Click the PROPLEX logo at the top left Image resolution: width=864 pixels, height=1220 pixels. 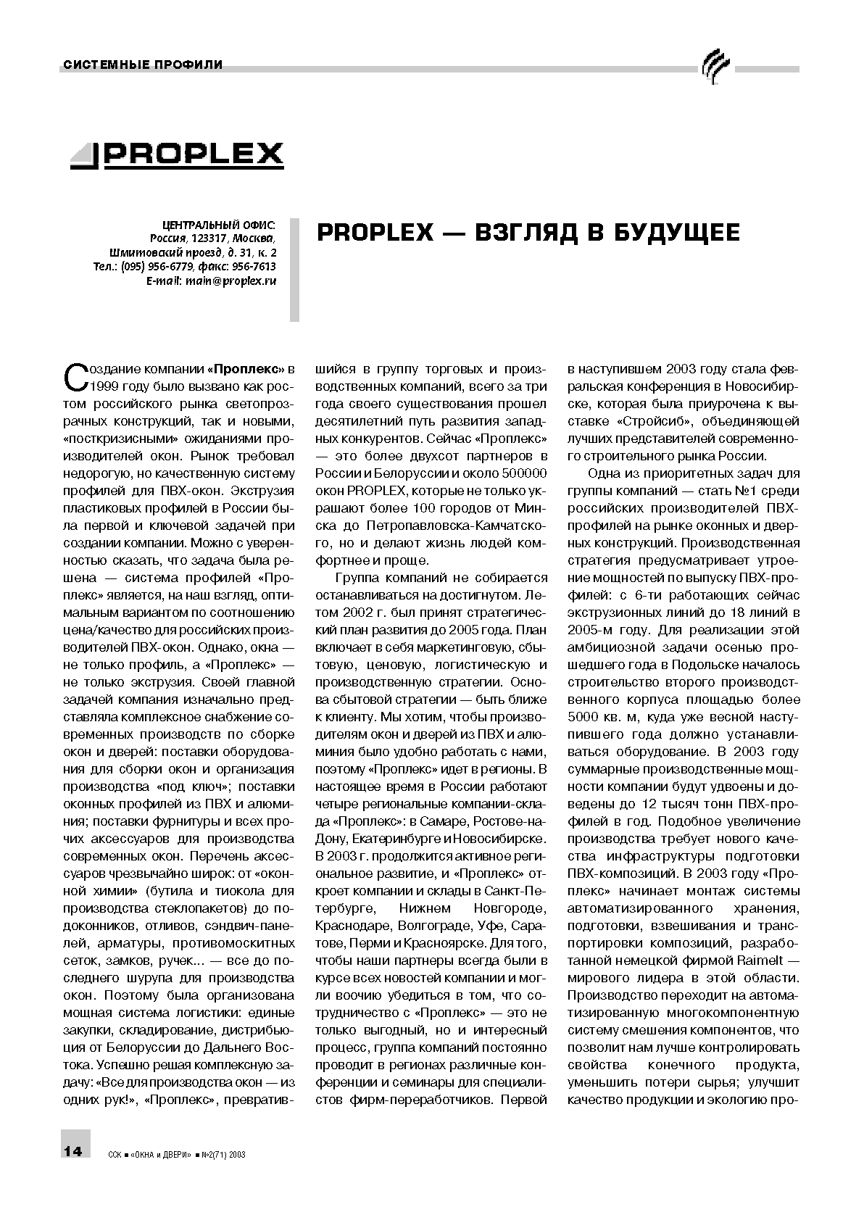[177, 154]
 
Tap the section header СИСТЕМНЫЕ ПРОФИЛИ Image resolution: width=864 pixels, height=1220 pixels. [143, 65]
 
